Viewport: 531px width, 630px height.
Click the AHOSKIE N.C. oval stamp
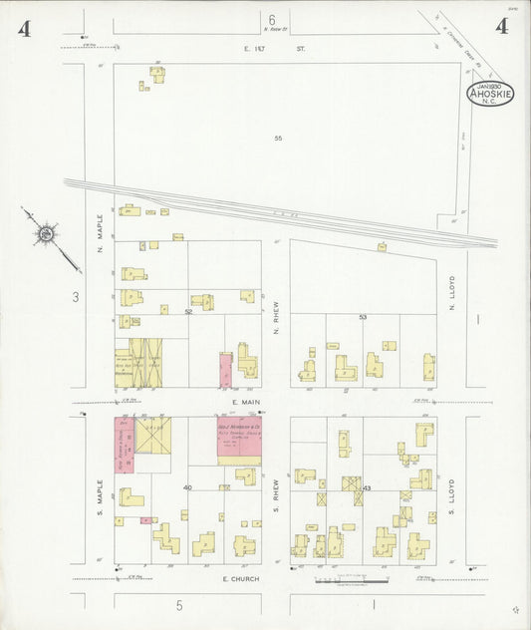point(490,96)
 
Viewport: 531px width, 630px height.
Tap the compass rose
point(45,234)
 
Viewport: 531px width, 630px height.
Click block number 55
point(279,138)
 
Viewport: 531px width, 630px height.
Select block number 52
point(188,311)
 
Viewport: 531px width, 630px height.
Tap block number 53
point(363,317)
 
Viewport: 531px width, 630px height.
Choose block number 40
point(187,488)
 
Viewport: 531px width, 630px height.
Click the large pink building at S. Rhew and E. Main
point(239,441)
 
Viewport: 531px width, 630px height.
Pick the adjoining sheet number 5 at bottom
point(180,604)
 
